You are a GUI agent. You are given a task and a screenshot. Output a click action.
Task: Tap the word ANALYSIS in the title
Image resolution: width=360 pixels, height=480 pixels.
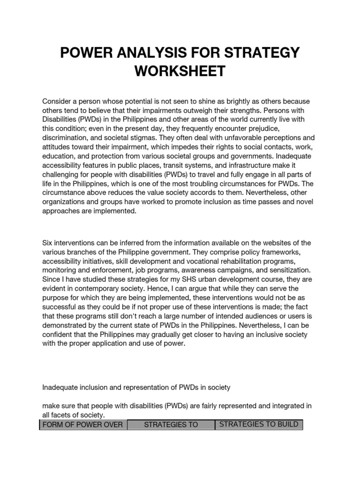tap(149, 52)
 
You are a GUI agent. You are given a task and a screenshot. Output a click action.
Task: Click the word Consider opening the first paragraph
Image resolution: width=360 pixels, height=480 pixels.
tap(58, 102)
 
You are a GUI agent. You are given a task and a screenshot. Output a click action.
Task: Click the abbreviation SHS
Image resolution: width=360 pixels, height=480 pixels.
tap(170, 279)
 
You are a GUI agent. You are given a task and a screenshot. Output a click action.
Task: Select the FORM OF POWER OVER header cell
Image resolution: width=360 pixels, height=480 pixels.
tap(83, 425)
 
